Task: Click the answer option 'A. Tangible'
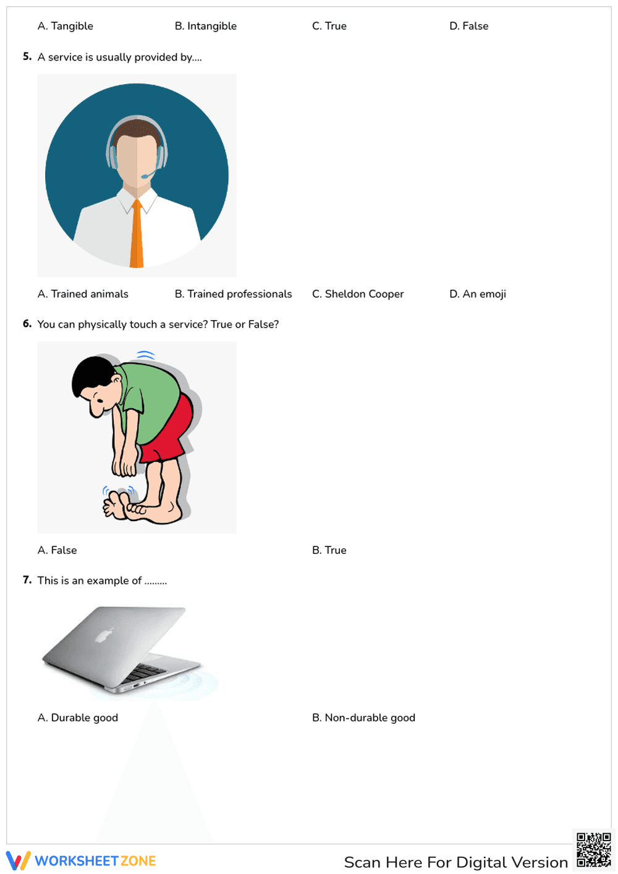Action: [66, 26]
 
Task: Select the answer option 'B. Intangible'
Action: [206, 26]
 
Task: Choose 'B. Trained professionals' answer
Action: [234, 294]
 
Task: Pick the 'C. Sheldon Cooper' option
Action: [358, 294]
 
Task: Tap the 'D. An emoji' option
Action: [478, 294]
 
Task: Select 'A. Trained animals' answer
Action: [83, 294]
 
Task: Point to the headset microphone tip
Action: [144, 177]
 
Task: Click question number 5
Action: [27, 57]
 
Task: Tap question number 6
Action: [27, 324]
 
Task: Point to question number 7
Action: [27, 580]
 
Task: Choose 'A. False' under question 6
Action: [57, 550]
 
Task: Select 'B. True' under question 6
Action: [329, 550]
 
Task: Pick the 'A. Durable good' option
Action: [78, 718]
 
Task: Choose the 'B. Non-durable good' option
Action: [364, 718]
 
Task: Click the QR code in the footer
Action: [593, 850]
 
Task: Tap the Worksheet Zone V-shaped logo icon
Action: [18, 861]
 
